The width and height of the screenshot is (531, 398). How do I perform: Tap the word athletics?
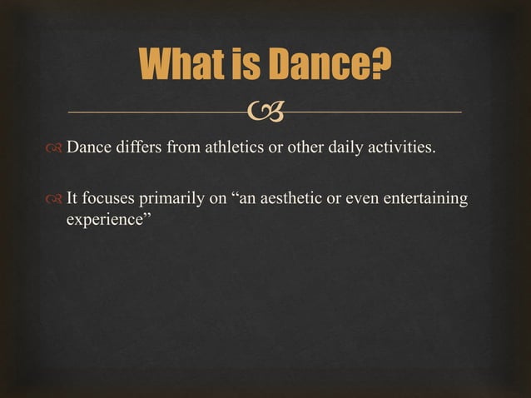point(229,149)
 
